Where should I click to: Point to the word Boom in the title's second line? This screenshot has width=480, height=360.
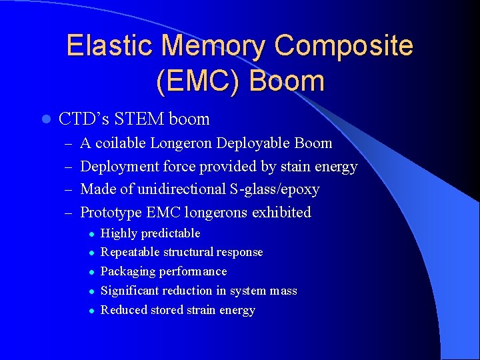[x=287, y=81]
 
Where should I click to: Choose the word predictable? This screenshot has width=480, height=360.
[x=170, y=233]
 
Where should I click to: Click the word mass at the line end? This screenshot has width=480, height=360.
[x=283, y=291]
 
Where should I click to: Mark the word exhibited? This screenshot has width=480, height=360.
[x=283, y=213]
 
